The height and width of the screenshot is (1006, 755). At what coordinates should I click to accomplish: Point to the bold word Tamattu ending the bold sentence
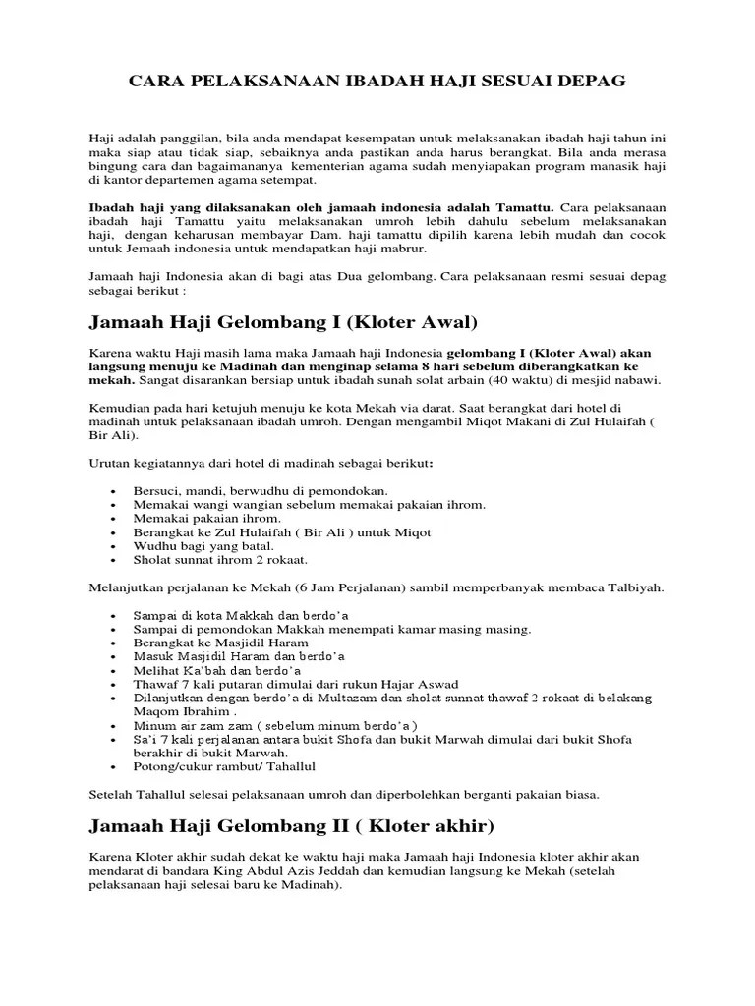(x=524, y=208)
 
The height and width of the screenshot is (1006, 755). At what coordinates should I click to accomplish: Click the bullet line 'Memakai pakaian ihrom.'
(x=207, y=518)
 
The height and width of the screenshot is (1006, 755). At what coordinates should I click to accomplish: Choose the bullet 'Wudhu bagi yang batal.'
(x=203, y=545)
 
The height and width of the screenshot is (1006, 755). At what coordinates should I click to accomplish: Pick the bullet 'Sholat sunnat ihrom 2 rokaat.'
(x=221, y=560)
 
